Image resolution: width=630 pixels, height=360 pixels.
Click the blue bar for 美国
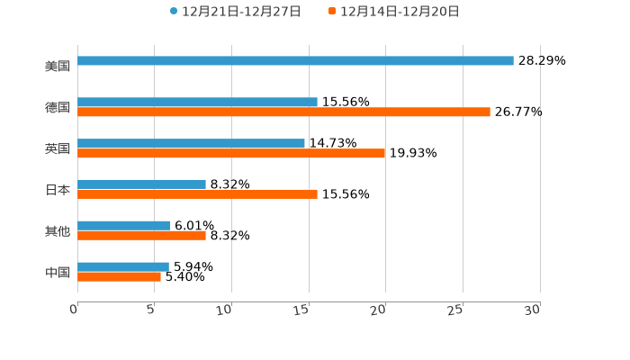[295, 61]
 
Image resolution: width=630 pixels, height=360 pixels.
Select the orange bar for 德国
[283, 112]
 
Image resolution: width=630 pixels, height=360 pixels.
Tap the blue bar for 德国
[197, 103]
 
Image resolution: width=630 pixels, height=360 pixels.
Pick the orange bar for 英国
[231, 154]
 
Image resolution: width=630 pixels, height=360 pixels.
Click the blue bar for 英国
[191, 143]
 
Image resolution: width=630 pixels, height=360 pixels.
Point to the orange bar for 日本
[197, 194]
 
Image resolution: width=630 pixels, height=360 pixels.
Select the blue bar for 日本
[141, 184]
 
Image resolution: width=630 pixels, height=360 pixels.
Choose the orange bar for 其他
[141, 236]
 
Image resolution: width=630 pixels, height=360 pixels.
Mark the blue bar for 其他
[123, 226]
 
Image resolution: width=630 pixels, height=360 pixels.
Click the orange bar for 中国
[119, 277]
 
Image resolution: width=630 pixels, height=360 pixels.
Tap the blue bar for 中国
[123, 267]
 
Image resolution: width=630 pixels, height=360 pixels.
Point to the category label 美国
[58, 67]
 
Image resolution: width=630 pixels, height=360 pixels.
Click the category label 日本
[58, 190]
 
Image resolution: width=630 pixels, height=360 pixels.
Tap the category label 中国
[58, 273]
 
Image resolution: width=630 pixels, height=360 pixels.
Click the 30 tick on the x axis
[533, 310]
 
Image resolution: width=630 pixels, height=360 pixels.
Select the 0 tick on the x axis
[75, 310]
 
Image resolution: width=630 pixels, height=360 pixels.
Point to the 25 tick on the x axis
[456, 310]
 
